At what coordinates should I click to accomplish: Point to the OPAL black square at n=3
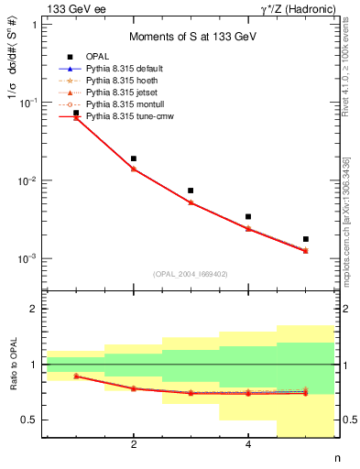tap(191, 191)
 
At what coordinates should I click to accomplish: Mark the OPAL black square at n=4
tap(248, 217)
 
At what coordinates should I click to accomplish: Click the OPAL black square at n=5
tap(306, 239)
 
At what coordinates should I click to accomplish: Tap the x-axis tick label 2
tap(134, 445)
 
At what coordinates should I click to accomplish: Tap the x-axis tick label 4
tap(248, 445)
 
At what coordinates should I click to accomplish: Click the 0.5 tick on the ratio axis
tap(31, 420)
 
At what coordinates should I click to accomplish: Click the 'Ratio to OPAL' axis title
tap(12, 365)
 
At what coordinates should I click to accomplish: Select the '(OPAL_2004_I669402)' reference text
tap(191, 273)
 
